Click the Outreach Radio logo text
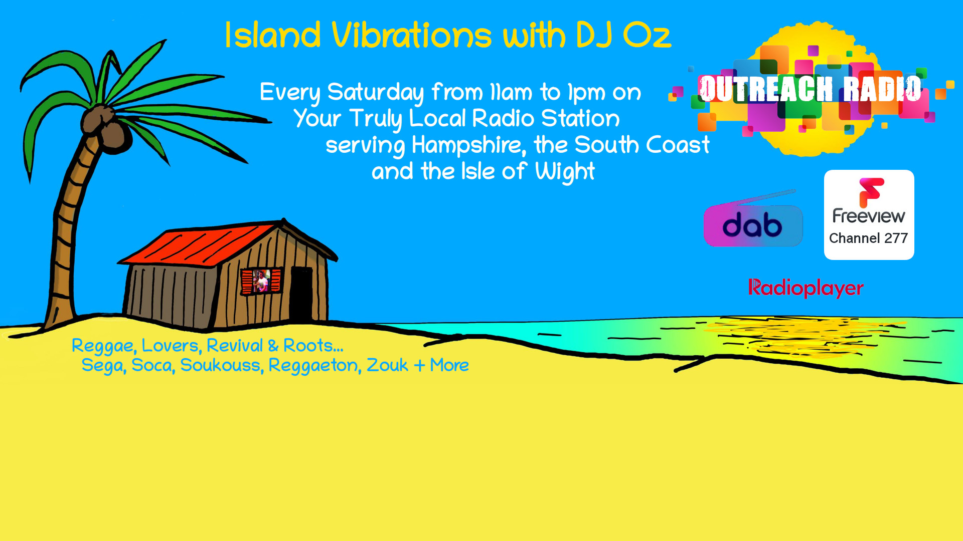(811, 89)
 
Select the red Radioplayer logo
(806, 288)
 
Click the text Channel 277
(868, 238)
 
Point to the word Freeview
(869, 216)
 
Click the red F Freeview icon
(871, 192)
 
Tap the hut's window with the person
(261, 281)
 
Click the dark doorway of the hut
(301, 295)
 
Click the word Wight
(565, 172)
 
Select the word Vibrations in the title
(411, 36)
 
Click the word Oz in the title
(647, 36)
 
